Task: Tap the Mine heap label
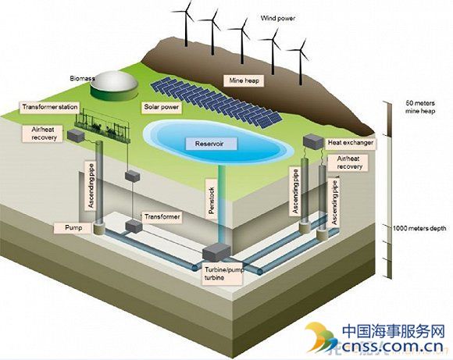coord(244,80)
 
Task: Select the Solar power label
coord(162,107)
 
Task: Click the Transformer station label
coord(50,107)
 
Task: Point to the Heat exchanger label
coord(351,143)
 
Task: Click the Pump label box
coord(73,228)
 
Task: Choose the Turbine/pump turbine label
coord(223,274)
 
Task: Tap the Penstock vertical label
coord(211,201)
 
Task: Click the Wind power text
coord(278,18)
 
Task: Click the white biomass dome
coord(114,81)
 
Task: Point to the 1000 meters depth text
coord(419,228)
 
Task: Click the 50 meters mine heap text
coord(420,107)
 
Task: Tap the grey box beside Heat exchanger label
coord(313,141)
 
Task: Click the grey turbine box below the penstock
coord(216,251)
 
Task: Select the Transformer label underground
coord(162,217)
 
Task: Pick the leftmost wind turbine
coord(187,23)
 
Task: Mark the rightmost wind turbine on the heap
coord(301,61)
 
